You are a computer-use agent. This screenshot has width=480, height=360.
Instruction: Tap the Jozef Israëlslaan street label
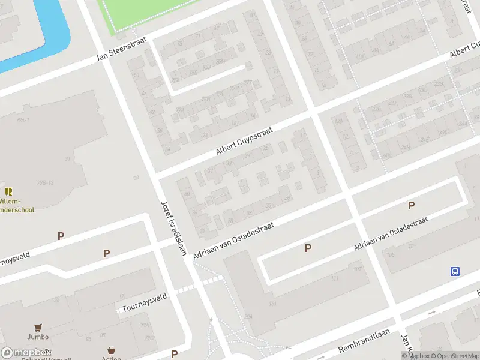173,227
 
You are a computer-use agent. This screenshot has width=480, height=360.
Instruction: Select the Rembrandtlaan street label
364,340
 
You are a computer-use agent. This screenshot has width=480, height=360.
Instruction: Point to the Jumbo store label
37,337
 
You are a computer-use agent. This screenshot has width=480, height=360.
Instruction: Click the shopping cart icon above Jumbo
38,327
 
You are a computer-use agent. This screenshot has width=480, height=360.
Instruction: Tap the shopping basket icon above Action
111,350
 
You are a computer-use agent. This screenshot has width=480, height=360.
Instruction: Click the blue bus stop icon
455,271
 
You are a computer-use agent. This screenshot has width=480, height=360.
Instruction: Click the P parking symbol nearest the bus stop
411,206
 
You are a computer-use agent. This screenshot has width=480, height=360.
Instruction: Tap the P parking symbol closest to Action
174,354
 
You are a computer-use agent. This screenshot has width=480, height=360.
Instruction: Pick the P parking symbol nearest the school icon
61,236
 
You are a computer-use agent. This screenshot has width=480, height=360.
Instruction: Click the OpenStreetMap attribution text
454,356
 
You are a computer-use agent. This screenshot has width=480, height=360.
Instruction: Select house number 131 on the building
273,305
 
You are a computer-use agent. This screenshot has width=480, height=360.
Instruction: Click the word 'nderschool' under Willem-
17,210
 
